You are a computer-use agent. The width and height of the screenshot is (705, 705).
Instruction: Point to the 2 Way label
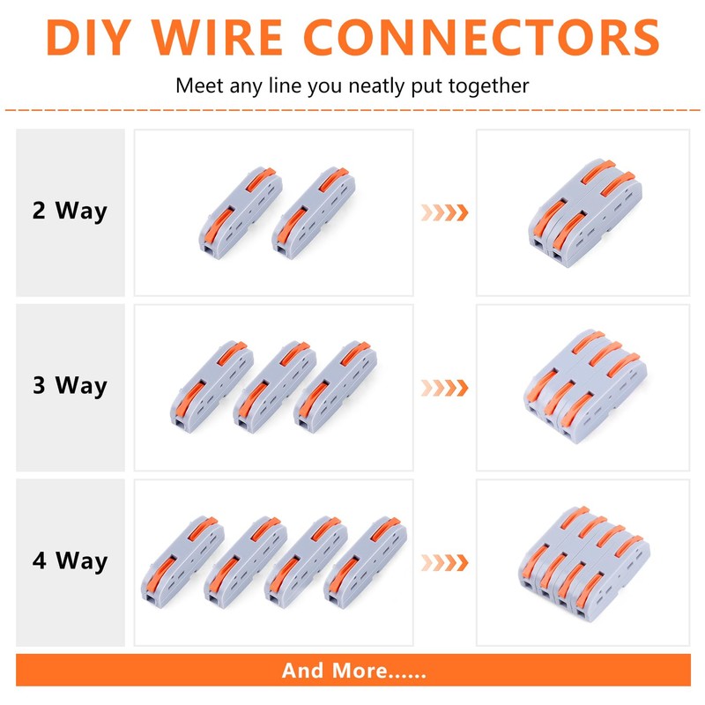pyautogui.click(x=70, y=211)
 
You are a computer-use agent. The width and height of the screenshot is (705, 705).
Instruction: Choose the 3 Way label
pyautogui.click(x=70, y=386)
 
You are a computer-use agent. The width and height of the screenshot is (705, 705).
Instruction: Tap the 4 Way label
pyautogui.click(x=70, y=561)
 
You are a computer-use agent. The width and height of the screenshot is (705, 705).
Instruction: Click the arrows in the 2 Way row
pyautogui.click(x=443, y=212)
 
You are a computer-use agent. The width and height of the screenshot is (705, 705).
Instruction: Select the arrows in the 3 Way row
pyautogui.click(x=443, y=387)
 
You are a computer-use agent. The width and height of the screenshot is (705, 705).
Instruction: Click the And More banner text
pyautogui.click(x=353, y=671)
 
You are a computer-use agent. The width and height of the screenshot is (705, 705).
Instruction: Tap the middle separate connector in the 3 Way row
pyautogui.click(x=274, y=385)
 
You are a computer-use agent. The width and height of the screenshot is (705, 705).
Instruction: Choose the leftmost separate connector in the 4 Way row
pyautogui.click(x=183, y=561)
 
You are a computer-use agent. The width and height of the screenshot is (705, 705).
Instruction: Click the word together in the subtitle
pyautogui.click(x=491, y=86)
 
